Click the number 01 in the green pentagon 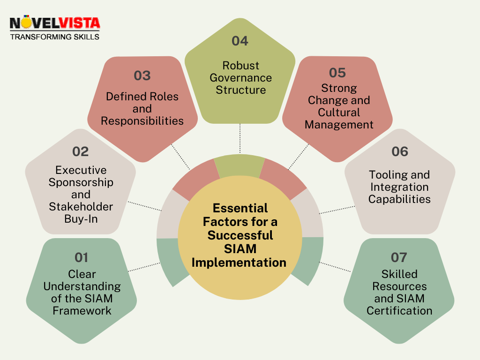click(82, 257)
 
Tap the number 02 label click(81, 151)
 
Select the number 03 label click(142, 75)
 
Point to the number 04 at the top click(240, 41)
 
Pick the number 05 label click(337, 73)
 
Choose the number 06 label click(400, 151)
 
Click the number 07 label click(399, 257)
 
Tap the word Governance click(240, 78)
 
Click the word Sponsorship click(81, 182)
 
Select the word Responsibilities click(142, 121)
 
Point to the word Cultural click(339, 112)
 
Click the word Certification click(399, 311)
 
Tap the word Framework click(82, 311)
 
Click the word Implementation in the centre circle click(239, 262)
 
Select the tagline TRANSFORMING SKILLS click(55, 37)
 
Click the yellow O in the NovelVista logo click(27, 22)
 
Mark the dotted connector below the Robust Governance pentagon click(240, 138)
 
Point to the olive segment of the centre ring click(240, 165)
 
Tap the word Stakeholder click(81, 207)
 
